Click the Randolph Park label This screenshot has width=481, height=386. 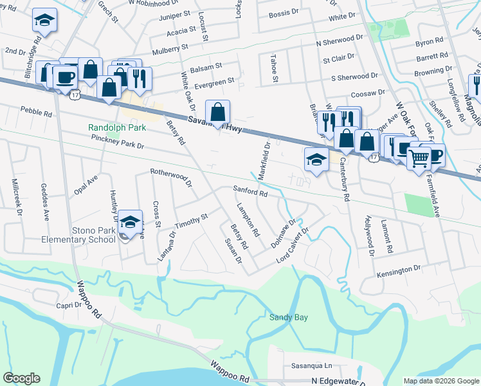[x=118, y=128]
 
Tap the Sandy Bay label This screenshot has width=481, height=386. [x=288, y=317]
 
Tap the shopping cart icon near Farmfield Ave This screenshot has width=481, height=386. [x=419, y=156]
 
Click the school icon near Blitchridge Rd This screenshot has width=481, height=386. [x=44, y=21]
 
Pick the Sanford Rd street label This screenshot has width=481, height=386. [x=250, y=192]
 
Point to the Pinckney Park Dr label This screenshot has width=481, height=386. [x=117, y=142]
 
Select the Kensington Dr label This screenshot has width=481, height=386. [x=398, y=270]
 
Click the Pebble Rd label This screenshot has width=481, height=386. [x=36, y=113]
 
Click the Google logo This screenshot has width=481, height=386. [x=21, y=378]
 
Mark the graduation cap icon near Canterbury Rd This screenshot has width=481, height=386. [x=316, y=160]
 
